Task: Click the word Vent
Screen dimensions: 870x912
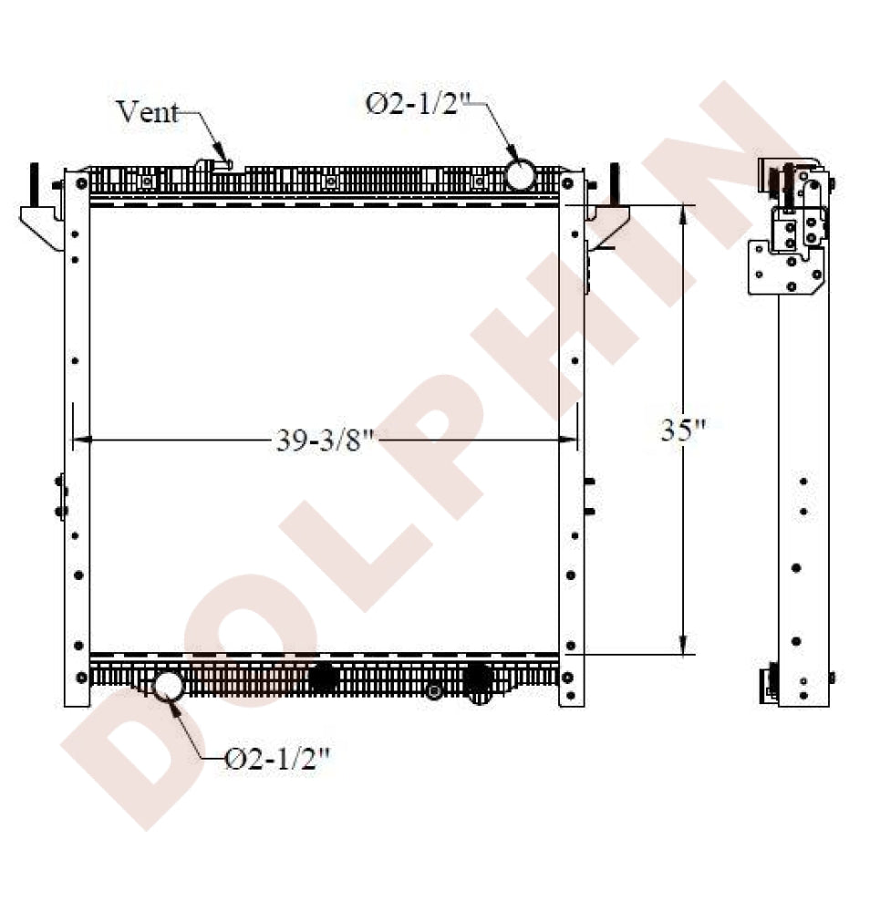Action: pos(147,111)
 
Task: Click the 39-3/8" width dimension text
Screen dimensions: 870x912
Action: pos(324,440)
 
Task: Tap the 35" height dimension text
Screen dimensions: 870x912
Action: pos(683,430)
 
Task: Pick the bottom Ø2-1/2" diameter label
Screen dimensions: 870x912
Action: pos(277,759)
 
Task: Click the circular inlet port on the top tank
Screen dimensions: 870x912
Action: pos(519,174)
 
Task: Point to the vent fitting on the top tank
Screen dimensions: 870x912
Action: pos(214,165)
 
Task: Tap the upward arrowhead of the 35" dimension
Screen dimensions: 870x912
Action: pos(683,215)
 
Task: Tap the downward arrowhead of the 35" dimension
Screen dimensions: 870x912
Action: pos(683,644)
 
